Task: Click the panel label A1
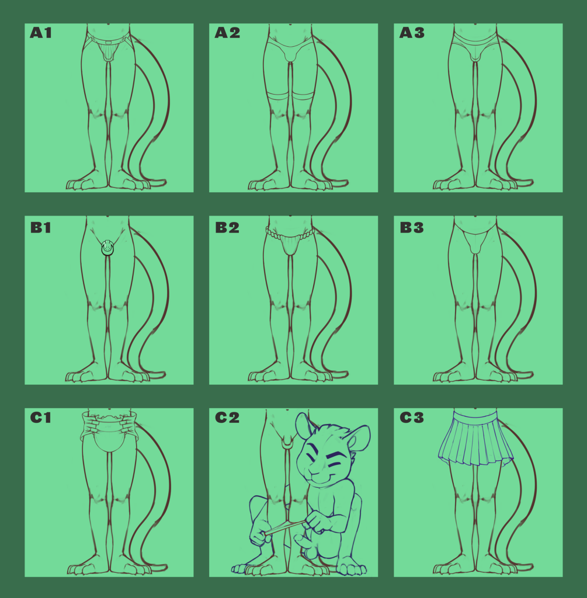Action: click(40, 33)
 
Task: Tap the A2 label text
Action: click(227, 33)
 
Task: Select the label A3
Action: click(412, 33)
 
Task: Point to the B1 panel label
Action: click(40, 228)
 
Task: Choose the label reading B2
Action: click(227, 228)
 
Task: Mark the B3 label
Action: click(412, 228)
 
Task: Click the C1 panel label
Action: click(40, 418)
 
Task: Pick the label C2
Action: click(227, 418)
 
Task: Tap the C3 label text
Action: click(412, 418)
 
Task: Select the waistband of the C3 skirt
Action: click(475, 415)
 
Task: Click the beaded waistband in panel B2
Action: click(290, 234)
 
